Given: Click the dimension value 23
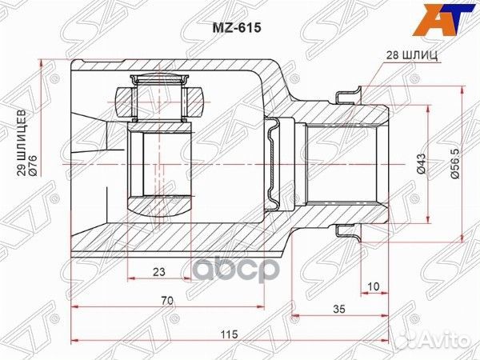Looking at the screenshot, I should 160,272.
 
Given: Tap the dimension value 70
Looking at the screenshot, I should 166,302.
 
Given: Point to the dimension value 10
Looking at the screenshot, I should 374,286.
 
